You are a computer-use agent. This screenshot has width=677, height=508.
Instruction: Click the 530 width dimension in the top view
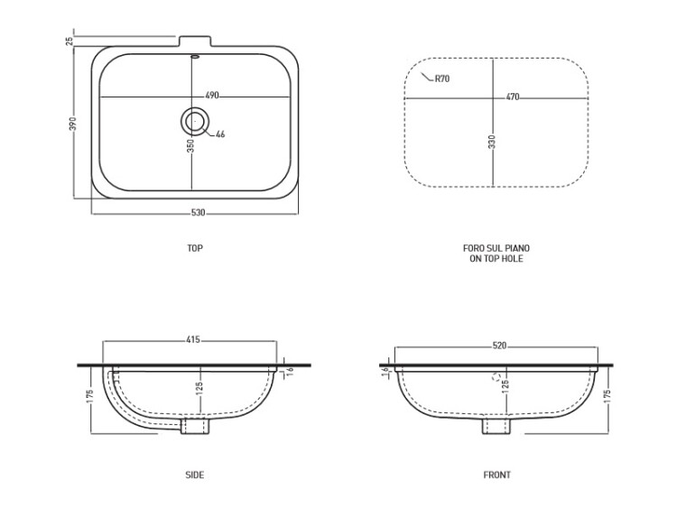click(x=199, y=213)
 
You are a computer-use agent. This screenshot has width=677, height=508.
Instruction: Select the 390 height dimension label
click(x=73, y=124)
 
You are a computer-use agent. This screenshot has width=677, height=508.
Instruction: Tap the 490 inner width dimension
click(x=211, y=96)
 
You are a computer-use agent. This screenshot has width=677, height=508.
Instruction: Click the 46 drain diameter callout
click(x=220, y=134)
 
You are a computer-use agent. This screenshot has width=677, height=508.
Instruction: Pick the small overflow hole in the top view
click(x=195, y=56)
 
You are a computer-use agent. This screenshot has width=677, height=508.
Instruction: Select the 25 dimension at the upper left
click(x=70, y=41)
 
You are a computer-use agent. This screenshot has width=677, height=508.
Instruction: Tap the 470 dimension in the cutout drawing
click(x=513, y=97)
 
